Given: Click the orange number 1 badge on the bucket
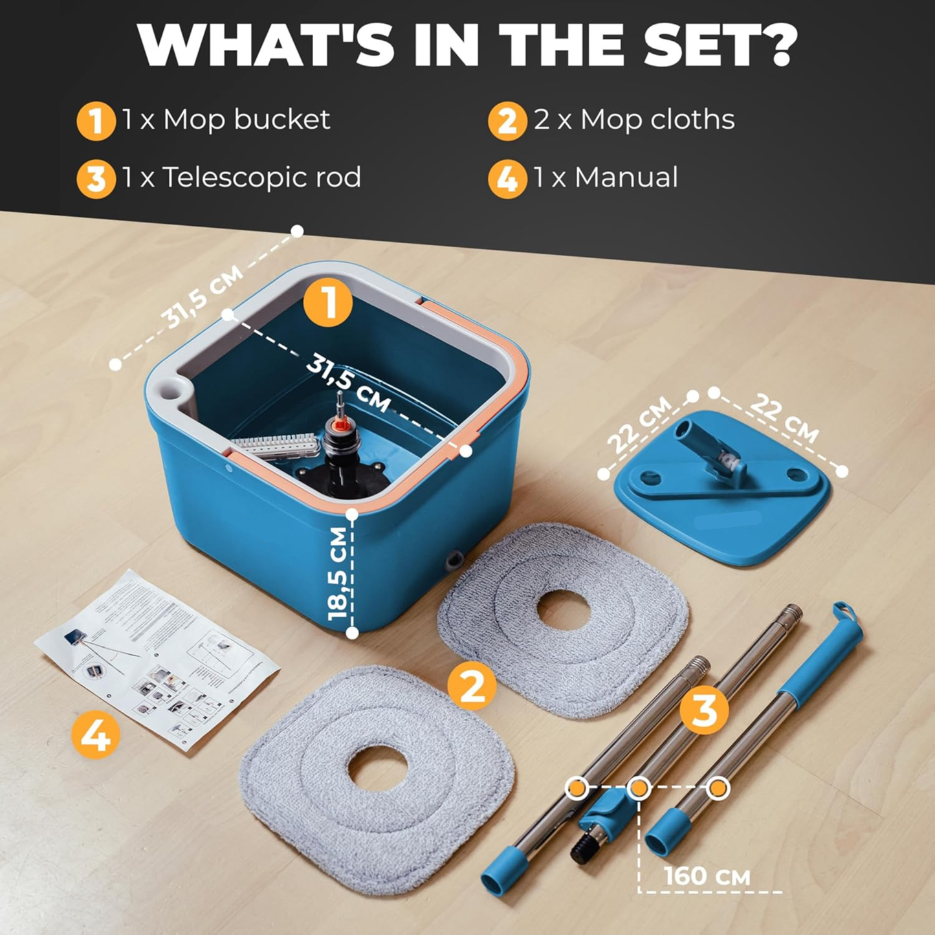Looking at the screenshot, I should (328, 302).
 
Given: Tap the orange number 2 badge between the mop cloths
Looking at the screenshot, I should (472, 686).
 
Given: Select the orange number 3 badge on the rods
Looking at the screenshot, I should (704, 710).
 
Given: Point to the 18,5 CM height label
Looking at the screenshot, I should (338, 573).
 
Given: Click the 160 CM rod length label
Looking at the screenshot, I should (707, 876).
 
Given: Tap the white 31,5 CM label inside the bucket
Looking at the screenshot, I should (349, 383).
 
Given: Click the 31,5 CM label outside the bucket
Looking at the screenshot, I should (202, 296).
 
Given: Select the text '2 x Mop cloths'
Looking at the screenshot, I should (634, 120).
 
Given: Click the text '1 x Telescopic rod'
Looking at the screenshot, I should (241, 177).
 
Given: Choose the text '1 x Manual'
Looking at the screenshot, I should (606, 177).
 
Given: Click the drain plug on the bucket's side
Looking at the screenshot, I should (454, 560).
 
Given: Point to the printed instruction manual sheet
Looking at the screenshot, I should (155, 660).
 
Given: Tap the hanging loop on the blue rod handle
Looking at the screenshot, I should (844, 611).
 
